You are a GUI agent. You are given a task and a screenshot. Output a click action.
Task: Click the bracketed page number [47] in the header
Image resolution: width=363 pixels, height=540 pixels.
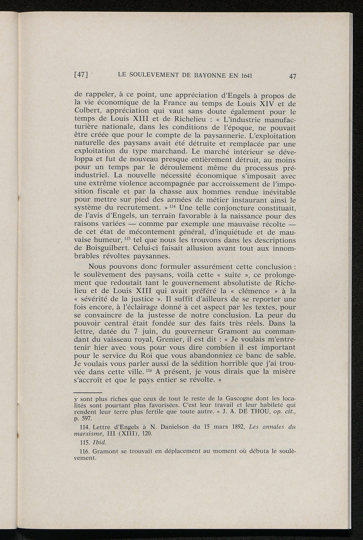pyautogui.click(x=81, y=75)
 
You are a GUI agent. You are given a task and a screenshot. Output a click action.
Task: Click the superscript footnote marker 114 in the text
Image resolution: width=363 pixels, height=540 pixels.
pyautogui.click(x=173, y=206)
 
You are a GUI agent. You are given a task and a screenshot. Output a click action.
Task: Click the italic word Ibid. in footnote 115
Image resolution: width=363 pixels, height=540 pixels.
pyautogui.click(x=100, y=443)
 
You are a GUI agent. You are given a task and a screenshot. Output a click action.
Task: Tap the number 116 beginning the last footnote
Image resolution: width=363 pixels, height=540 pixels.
pyautogui.click(x=86, y=451)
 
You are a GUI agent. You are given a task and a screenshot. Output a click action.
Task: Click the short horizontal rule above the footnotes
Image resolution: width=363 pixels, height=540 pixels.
pyautogui.click(x=86, y=392)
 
